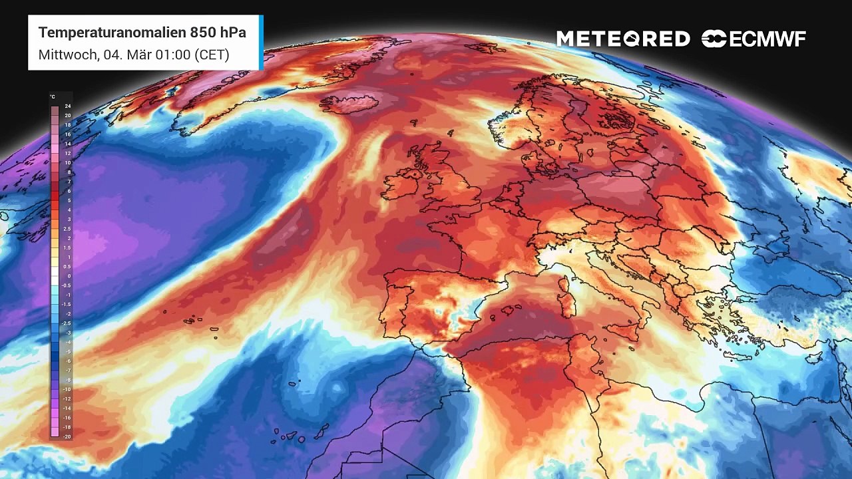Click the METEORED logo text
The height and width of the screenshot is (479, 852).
click(623, 39)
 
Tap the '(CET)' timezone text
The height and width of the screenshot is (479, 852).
click(212, 55)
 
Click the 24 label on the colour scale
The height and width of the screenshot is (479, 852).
click(68, 106)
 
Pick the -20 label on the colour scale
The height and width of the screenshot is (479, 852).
click(67, 436)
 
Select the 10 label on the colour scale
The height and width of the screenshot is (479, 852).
click(68, 163)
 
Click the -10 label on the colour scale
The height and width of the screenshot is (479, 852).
click(67, 389)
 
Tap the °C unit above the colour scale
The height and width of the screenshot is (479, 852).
click(53, 97)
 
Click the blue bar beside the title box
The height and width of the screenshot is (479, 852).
click(261, 42)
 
